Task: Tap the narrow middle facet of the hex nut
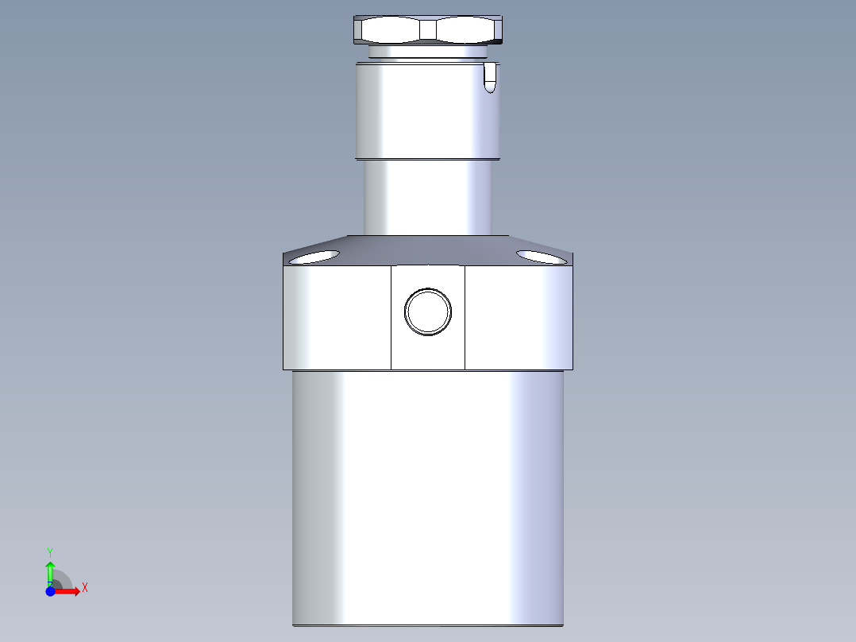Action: tap(428, 31)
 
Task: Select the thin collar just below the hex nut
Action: tap(427, 52)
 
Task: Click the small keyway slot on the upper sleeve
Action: tap(491, 78)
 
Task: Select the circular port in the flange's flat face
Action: tap(428, 311)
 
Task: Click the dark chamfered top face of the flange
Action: tap(427, 246)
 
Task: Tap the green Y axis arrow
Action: tap(50, 571)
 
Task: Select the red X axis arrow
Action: tap(67, 591)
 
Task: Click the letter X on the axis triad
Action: tap(84, 588)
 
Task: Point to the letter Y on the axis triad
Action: tap(49, 551)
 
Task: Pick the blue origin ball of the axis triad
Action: tap(51, 591)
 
